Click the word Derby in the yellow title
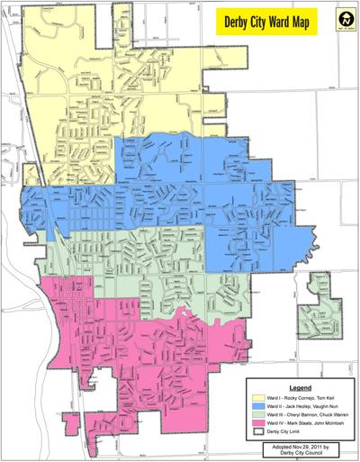tap(246, 20)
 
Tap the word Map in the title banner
tap(311, 20)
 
